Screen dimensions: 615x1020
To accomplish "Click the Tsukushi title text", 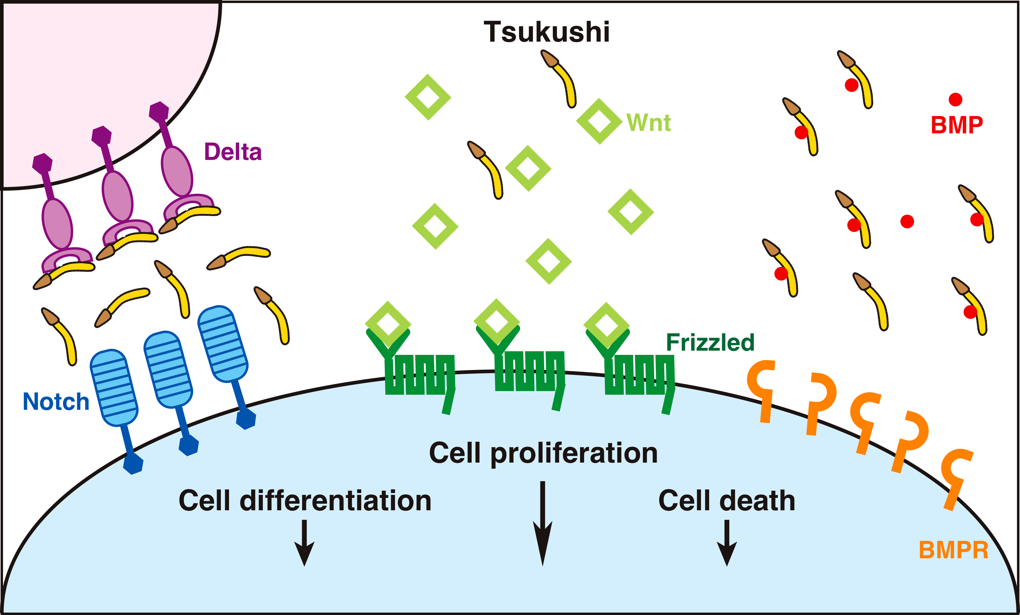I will [547, 32].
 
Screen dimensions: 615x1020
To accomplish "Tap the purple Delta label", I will [233, 151].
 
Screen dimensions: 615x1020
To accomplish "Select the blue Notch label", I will [56, 401].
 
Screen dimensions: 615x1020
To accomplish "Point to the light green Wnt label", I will [648, 123].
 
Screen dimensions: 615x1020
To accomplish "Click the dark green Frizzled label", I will [710, 343].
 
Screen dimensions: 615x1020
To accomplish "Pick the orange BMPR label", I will [953, 550].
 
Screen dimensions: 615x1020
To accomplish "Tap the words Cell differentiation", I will [305, 501].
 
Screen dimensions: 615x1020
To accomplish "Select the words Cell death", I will [726, 501].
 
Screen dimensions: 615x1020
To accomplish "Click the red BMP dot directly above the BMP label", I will [955, 99].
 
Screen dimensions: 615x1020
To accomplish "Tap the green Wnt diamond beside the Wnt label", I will [599, 121].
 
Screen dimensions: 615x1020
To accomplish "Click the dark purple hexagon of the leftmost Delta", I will [43, 163].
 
